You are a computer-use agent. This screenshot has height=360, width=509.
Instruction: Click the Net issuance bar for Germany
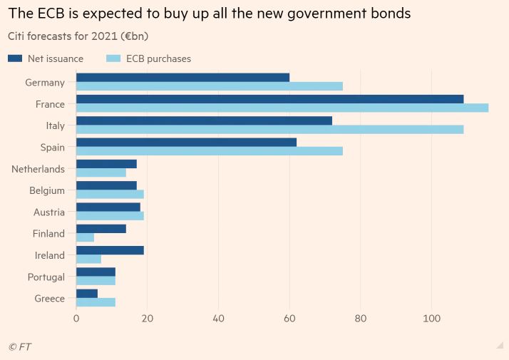coord(182,77)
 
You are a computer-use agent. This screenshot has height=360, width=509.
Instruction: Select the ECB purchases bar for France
coord(282,108)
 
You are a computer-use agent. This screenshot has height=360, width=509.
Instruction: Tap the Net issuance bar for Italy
coord(204,120)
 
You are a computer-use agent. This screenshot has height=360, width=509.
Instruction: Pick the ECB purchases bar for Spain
coord(210,151)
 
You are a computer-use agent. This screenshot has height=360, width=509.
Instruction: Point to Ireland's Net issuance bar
coord(110,250)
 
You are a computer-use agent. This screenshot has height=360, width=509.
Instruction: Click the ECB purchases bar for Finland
coord(85,237)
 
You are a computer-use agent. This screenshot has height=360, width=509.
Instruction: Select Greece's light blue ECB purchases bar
coord(96,302)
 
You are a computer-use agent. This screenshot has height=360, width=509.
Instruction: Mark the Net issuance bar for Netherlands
coord(106,164)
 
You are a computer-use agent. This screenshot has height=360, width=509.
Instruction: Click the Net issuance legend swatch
coord(15,58)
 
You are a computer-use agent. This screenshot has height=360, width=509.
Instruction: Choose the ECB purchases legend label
coord(158,58)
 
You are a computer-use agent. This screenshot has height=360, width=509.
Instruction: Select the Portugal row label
coord(45,277)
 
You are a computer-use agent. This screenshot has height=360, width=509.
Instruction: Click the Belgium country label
coord(47,190)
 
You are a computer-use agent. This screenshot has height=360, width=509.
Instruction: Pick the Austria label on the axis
coord(48,212)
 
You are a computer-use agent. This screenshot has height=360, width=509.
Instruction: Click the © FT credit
coord(19,346)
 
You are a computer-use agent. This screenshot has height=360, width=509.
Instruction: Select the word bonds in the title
coord(390,14)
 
